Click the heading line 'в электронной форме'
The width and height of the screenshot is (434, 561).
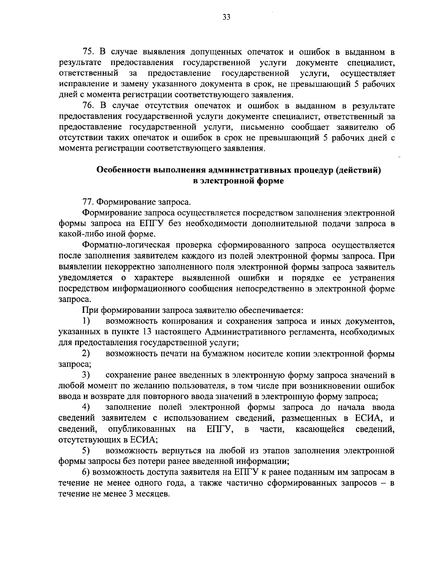tap(239, 181)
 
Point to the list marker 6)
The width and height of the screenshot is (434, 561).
tap(86, 472)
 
